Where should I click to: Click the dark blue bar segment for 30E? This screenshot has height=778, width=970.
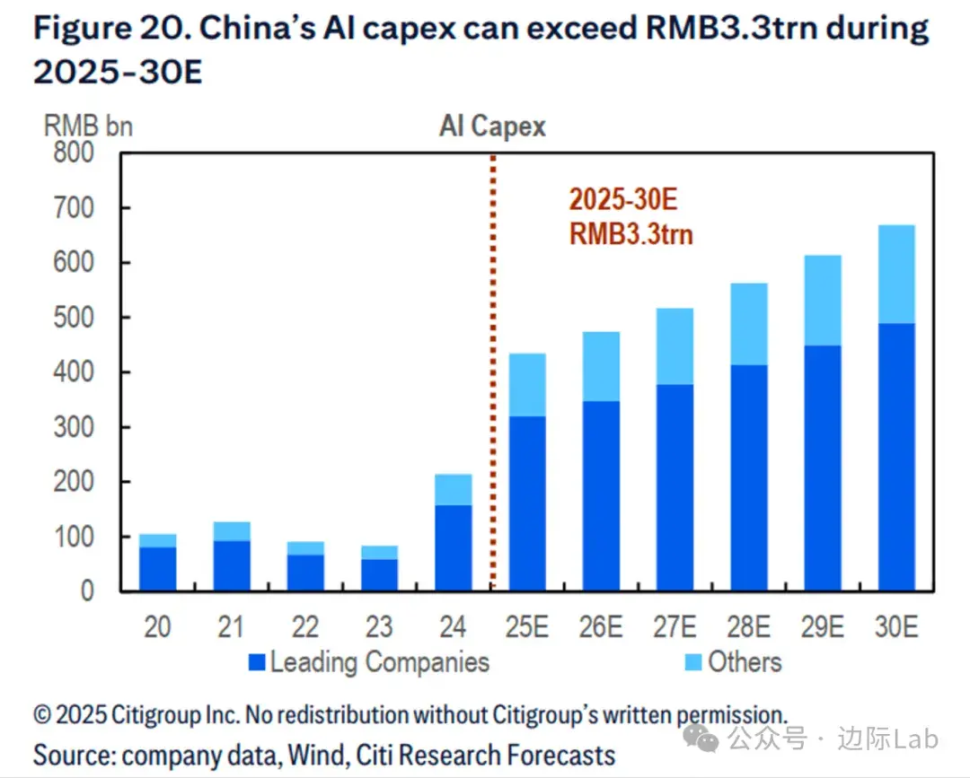click(896, 457)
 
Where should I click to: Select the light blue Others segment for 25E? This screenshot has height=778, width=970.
click(527, 385)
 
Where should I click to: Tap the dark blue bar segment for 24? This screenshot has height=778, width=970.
click(454, 547)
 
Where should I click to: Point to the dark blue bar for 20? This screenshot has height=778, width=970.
click(158, 568)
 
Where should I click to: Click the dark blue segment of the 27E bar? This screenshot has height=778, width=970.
click(675, 487)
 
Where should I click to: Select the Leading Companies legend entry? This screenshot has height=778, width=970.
click(368, 662)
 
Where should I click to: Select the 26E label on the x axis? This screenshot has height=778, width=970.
click(600, 625)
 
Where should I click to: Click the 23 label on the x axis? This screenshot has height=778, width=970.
click(379, 625)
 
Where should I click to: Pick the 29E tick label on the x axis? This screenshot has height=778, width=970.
click(822, 625)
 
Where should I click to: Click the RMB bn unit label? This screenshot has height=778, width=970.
click(88, 126)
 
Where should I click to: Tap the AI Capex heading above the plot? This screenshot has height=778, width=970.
click(492, 127)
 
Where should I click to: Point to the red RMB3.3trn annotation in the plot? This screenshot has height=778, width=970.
click(631, 235)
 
